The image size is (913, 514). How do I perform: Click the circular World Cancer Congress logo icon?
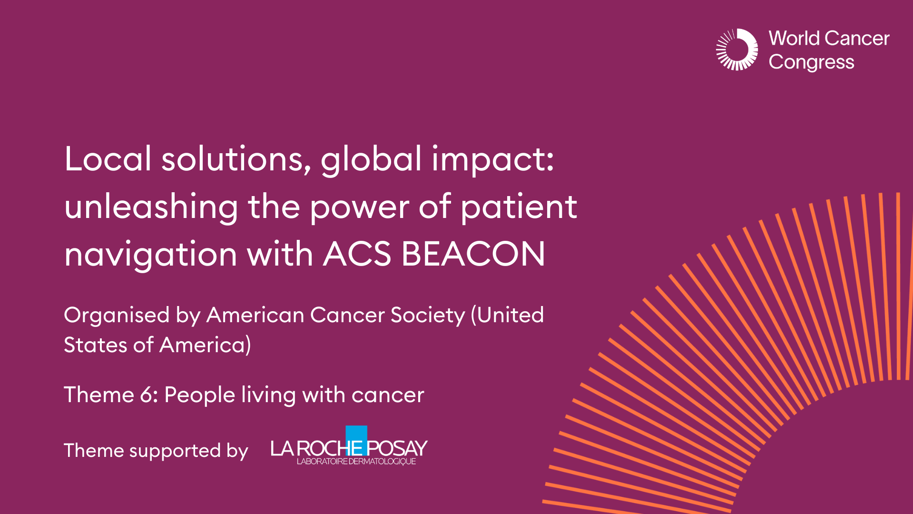pyautogui.click(x=737, y=49)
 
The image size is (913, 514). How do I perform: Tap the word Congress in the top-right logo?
pyautogui.click(x=811, y=62)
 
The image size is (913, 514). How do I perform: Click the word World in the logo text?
pyautogui.click(x=794, y=38)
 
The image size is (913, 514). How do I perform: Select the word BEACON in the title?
pyautogui.click(x=473, y=254)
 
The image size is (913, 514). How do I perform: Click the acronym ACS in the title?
pyautogui.click(x=357, y=254)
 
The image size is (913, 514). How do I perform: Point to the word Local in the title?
pyautogui.click(x=108, y=158)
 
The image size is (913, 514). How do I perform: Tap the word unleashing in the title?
pyautogui.click(x=151, y=207)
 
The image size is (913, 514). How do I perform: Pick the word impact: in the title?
pyautogui.click(x=492, y=159)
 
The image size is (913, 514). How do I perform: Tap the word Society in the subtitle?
pyautogui.click(x=427, y=315)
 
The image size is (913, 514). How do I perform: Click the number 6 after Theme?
pyautogui.click(x=147, y=395)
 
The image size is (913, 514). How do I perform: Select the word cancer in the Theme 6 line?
pyautogui.click(x=388, y=395)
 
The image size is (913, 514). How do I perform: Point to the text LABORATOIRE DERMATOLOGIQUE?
pyautogui.click(x=356, y=462)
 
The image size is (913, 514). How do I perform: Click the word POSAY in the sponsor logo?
pyautogui.click(x=397, y=448)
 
